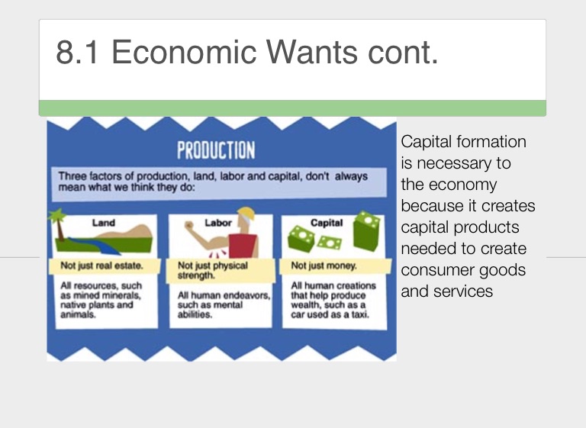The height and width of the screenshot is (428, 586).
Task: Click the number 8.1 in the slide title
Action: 77,52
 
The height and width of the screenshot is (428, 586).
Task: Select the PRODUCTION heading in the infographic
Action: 216,150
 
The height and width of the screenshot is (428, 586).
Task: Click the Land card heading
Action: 104,223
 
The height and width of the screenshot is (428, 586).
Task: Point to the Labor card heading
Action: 218,223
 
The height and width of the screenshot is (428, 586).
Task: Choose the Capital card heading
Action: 327,223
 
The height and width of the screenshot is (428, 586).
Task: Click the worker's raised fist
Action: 189,225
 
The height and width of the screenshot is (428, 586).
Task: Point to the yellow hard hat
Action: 247,214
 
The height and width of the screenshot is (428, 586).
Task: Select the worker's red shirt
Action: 243,246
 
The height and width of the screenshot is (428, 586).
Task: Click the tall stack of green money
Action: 367,231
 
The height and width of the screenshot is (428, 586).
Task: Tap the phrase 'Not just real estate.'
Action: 101,265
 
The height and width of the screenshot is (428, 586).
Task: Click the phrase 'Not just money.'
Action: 324,265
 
